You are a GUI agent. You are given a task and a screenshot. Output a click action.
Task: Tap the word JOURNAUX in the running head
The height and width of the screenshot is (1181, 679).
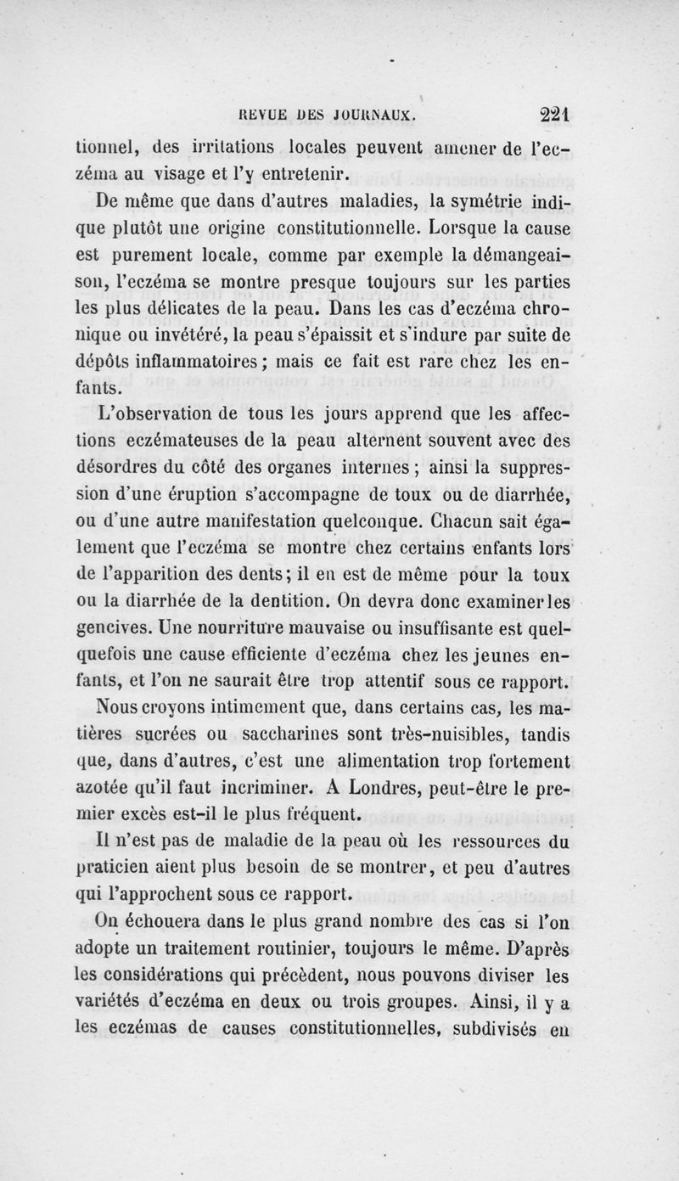pyautogui.click(x=378, y=111)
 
